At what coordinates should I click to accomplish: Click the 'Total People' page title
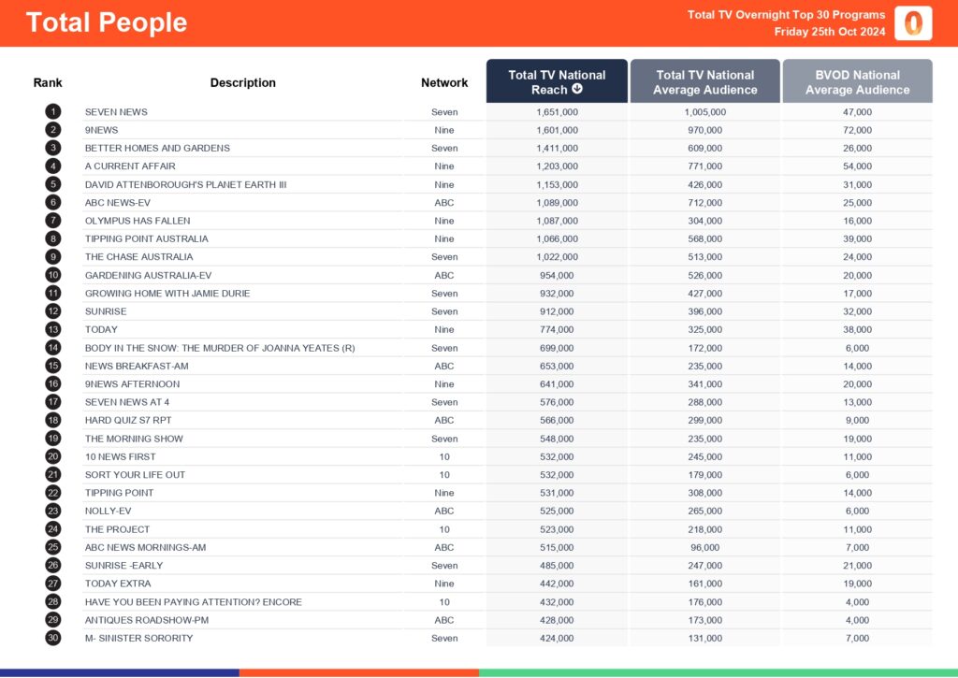(x=107, y=22)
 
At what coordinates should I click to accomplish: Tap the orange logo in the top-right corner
(x=912, y=23)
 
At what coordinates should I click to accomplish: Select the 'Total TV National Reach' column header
(x=557, y=82)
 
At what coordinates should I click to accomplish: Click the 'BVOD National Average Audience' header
(x=857, y=82)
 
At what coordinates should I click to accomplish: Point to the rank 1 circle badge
(x=53, y=112)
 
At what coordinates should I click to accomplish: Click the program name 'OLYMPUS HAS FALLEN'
(x=138, y=221)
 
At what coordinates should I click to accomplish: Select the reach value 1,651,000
(x=557, y=112)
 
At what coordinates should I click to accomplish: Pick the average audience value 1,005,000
(x=704, y=112)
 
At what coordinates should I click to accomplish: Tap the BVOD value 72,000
(x=857, y=130)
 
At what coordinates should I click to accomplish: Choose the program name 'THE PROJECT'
(x=117, y=529)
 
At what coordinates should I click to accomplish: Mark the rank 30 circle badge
(x=53, y=638)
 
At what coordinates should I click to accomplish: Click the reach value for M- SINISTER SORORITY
(x=557, y=638)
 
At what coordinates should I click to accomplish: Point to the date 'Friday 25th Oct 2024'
(x=830, y=32)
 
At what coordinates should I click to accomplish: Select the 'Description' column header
(x=243, y=83)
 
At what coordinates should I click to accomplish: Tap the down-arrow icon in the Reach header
(x=577, y=90)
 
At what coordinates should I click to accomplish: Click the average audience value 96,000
(x=704, y=547)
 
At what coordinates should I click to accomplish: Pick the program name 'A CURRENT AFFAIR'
(x=130, y=166)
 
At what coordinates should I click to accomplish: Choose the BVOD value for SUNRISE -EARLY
(x=857, y=566)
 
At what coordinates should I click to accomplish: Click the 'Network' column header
(x=444, y=83)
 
